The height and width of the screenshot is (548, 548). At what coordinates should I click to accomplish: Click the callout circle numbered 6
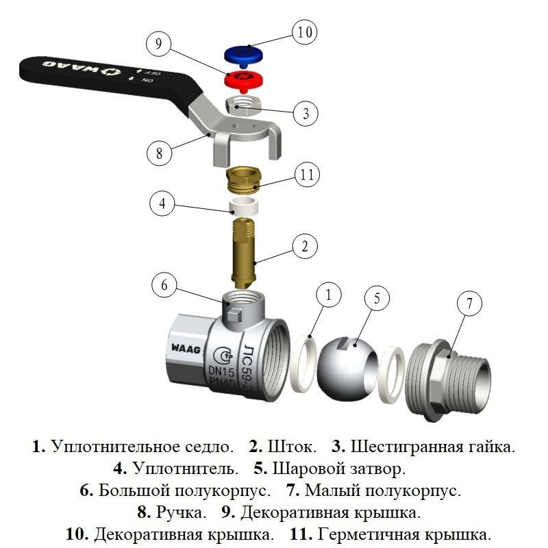click(x=164, y=286)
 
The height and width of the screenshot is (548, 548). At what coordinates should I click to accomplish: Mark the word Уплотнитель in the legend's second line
click(x=185, y=469)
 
